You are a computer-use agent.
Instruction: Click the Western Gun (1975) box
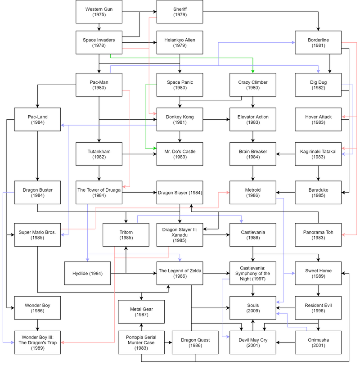[x=99, y=12]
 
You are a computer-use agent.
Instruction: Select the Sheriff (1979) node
[x=180, y=12]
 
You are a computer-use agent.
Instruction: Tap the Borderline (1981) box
[x=318, y=42]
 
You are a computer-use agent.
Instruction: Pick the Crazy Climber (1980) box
[x=253, y=85]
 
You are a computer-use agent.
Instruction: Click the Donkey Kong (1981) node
[x=180, y=119]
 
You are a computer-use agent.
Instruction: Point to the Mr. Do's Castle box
[x=180, y=154]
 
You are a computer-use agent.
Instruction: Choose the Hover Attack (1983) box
[x=318, y=119]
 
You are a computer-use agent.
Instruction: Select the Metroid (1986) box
[x=253, y=193]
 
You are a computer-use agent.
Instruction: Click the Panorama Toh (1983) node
[x=318, y=235]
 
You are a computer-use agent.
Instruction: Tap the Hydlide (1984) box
[x=87, y=273]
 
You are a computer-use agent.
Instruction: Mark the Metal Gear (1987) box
[x=141, y=312]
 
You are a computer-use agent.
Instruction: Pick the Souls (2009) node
[x=253, y=308]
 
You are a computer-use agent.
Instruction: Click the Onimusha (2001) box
[x=318, y=342]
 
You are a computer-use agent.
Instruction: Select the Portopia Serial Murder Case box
[x=141, y=342]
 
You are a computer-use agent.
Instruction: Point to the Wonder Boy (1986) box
[x=37, y=308]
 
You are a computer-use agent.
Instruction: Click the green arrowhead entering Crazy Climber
[x=253, y=72]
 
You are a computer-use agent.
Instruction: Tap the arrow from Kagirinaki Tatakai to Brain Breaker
[x=286, y=154]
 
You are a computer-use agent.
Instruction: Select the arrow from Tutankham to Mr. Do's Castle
[x=139, y=154]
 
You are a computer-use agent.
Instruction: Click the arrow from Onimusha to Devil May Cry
[x=286, y=342]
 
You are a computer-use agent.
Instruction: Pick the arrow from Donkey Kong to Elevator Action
[x=216, y=119]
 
